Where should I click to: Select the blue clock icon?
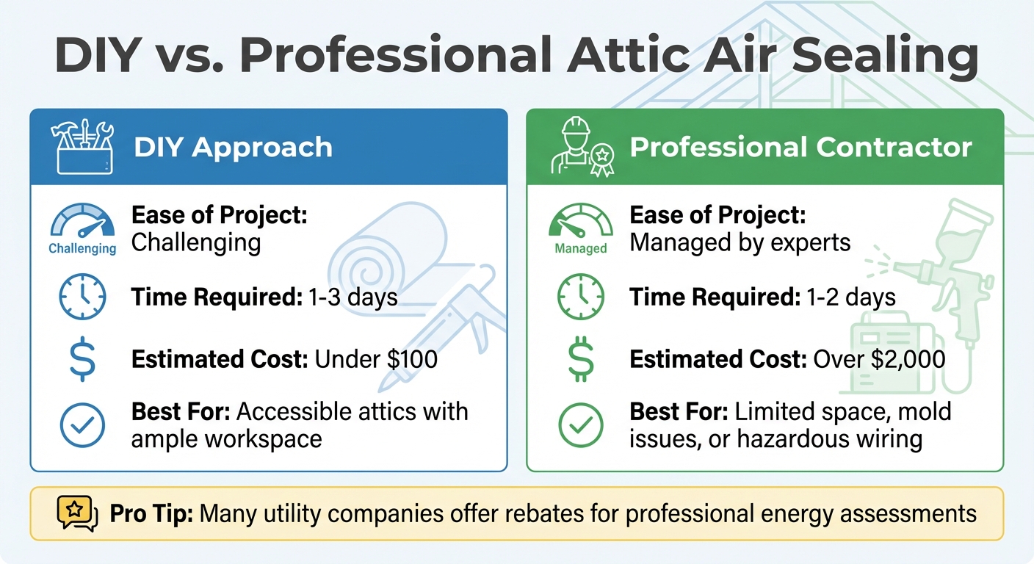82,297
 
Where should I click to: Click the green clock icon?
580,297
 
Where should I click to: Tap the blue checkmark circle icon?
82,424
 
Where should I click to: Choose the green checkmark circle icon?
580,424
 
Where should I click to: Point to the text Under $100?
376,359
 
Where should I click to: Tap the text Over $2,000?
878,359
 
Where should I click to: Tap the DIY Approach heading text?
233,148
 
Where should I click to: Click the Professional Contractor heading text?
800,148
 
